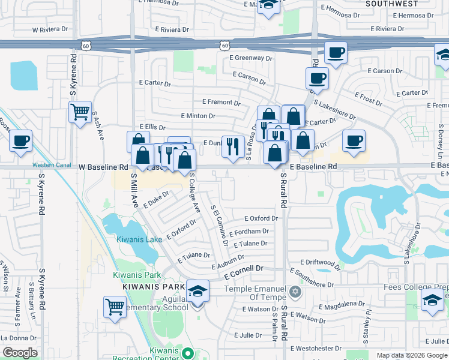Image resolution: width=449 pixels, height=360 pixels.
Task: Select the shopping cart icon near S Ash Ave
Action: point(80,112)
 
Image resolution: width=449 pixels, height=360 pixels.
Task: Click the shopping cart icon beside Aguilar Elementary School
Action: point(114,307)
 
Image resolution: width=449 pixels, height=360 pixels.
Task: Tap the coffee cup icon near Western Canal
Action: point(20,141)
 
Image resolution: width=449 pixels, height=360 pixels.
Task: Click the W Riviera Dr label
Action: point(51,29)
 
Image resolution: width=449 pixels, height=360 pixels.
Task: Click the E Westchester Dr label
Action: point(316,348)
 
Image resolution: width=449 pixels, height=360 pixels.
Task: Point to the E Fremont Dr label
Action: point(221,103)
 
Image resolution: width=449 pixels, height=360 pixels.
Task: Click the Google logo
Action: point(20,353)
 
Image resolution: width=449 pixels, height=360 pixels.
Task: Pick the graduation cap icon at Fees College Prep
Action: point(432,302)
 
